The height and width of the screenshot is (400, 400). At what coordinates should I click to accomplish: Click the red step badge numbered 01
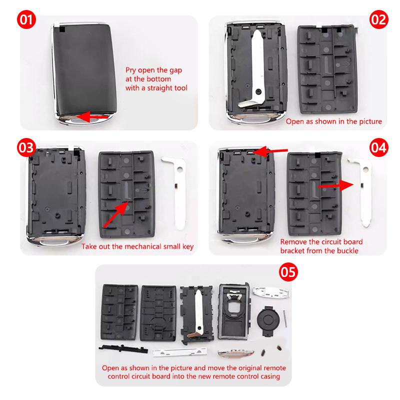[26, 19]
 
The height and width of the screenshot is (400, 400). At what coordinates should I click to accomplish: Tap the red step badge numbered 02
[379, 19]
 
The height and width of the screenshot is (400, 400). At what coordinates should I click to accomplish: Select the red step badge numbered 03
[26, 147]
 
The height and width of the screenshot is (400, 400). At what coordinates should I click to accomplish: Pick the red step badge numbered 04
[379, 147]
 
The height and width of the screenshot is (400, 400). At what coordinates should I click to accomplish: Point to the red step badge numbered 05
[288, 272]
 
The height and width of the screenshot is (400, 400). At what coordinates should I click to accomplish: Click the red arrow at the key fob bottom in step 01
[93, 116]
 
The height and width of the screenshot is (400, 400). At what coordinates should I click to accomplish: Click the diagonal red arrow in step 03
[115, 214]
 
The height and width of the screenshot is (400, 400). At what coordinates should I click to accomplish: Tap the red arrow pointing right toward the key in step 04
[336, 185]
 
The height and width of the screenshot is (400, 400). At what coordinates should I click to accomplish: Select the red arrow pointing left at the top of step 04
[270, 151]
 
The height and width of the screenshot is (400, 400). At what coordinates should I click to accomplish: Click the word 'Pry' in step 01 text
[130, 70]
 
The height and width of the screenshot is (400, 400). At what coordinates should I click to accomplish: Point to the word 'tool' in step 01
[181, 88]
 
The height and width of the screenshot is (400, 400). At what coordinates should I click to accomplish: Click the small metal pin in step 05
[285, 318]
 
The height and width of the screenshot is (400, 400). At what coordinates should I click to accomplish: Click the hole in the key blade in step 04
[366, 169]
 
